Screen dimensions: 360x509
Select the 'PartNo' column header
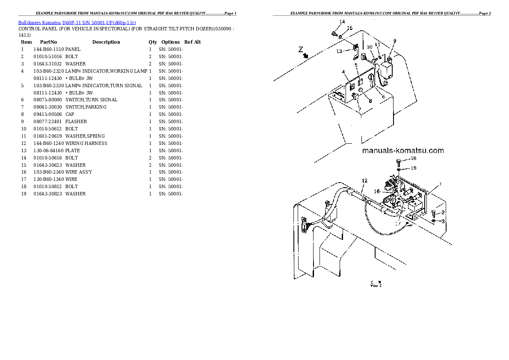(48, 42)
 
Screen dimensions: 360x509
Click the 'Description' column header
(106, 42)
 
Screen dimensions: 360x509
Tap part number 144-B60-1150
(48, 49)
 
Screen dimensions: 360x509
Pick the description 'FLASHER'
(76, 121)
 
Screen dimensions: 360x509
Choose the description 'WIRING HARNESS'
(86, 143)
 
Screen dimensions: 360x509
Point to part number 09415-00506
(47, 114)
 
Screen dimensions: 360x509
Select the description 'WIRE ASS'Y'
(79, 172)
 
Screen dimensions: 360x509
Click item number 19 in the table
(24, 194)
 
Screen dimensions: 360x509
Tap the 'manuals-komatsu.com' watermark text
(402, 150)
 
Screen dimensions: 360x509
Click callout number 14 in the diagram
(342, 21)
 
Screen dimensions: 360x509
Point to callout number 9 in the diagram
(394, 41)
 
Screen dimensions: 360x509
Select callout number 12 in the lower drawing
(364, 180)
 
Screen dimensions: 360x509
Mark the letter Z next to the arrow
(301, 49)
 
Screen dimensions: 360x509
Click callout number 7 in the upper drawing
(360, 109)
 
